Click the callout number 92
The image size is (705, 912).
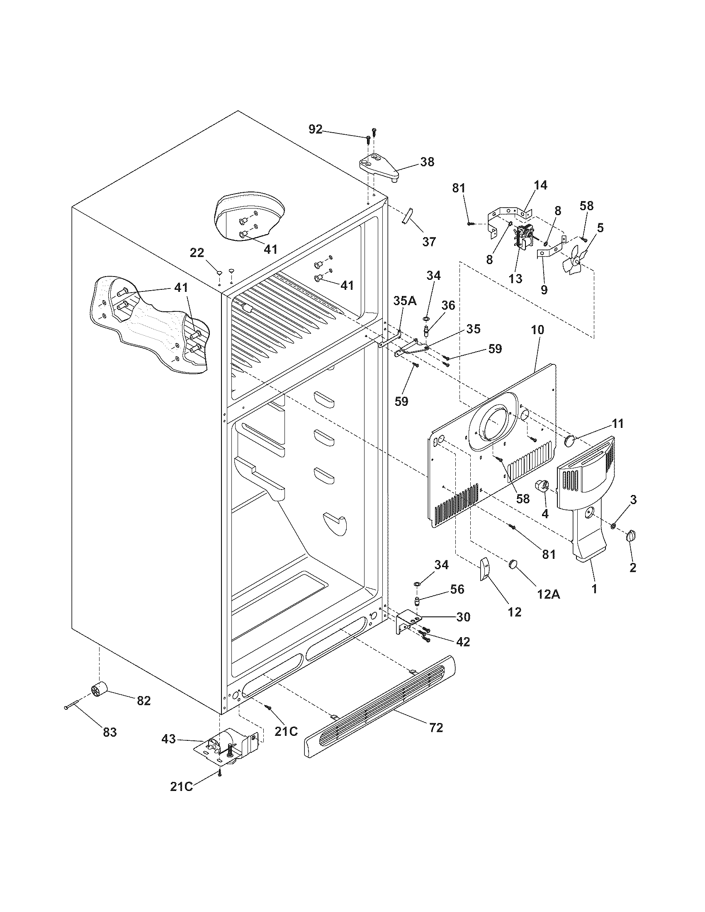click(x=316, y=129)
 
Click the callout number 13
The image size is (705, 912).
click(x=516, y=279)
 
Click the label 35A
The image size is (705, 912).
click(x=404, y=301)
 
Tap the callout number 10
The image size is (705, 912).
click(x=537, y=330)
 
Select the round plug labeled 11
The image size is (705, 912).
click(x=570, y=441)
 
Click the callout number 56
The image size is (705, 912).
click(x=457, y=589)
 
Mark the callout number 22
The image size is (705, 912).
click(x=197, y=252)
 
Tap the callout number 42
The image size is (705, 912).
click(x=463, y=641)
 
